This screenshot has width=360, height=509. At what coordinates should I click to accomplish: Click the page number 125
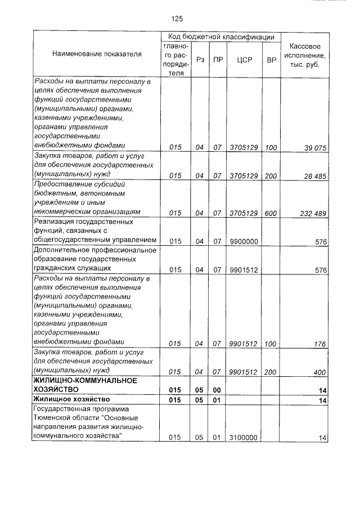177,19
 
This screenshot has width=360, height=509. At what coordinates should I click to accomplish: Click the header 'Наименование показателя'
97,55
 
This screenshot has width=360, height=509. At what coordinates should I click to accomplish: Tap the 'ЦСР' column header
244,59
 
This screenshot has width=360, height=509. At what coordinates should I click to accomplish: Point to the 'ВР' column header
271,59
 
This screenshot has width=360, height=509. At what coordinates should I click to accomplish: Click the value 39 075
315,148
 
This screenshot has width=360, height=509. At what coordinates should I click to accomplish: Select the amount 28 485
315,176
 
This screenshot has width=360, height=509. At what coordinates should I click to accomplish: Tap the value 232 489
313,213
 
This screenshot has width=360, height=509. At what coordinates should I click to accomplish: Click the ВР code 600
271,213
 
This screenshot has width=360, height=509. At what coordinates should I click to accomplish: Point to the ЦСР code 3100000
244,437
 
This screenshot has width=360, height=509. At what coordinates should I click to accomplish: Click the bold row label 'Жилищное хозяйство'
67,399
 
